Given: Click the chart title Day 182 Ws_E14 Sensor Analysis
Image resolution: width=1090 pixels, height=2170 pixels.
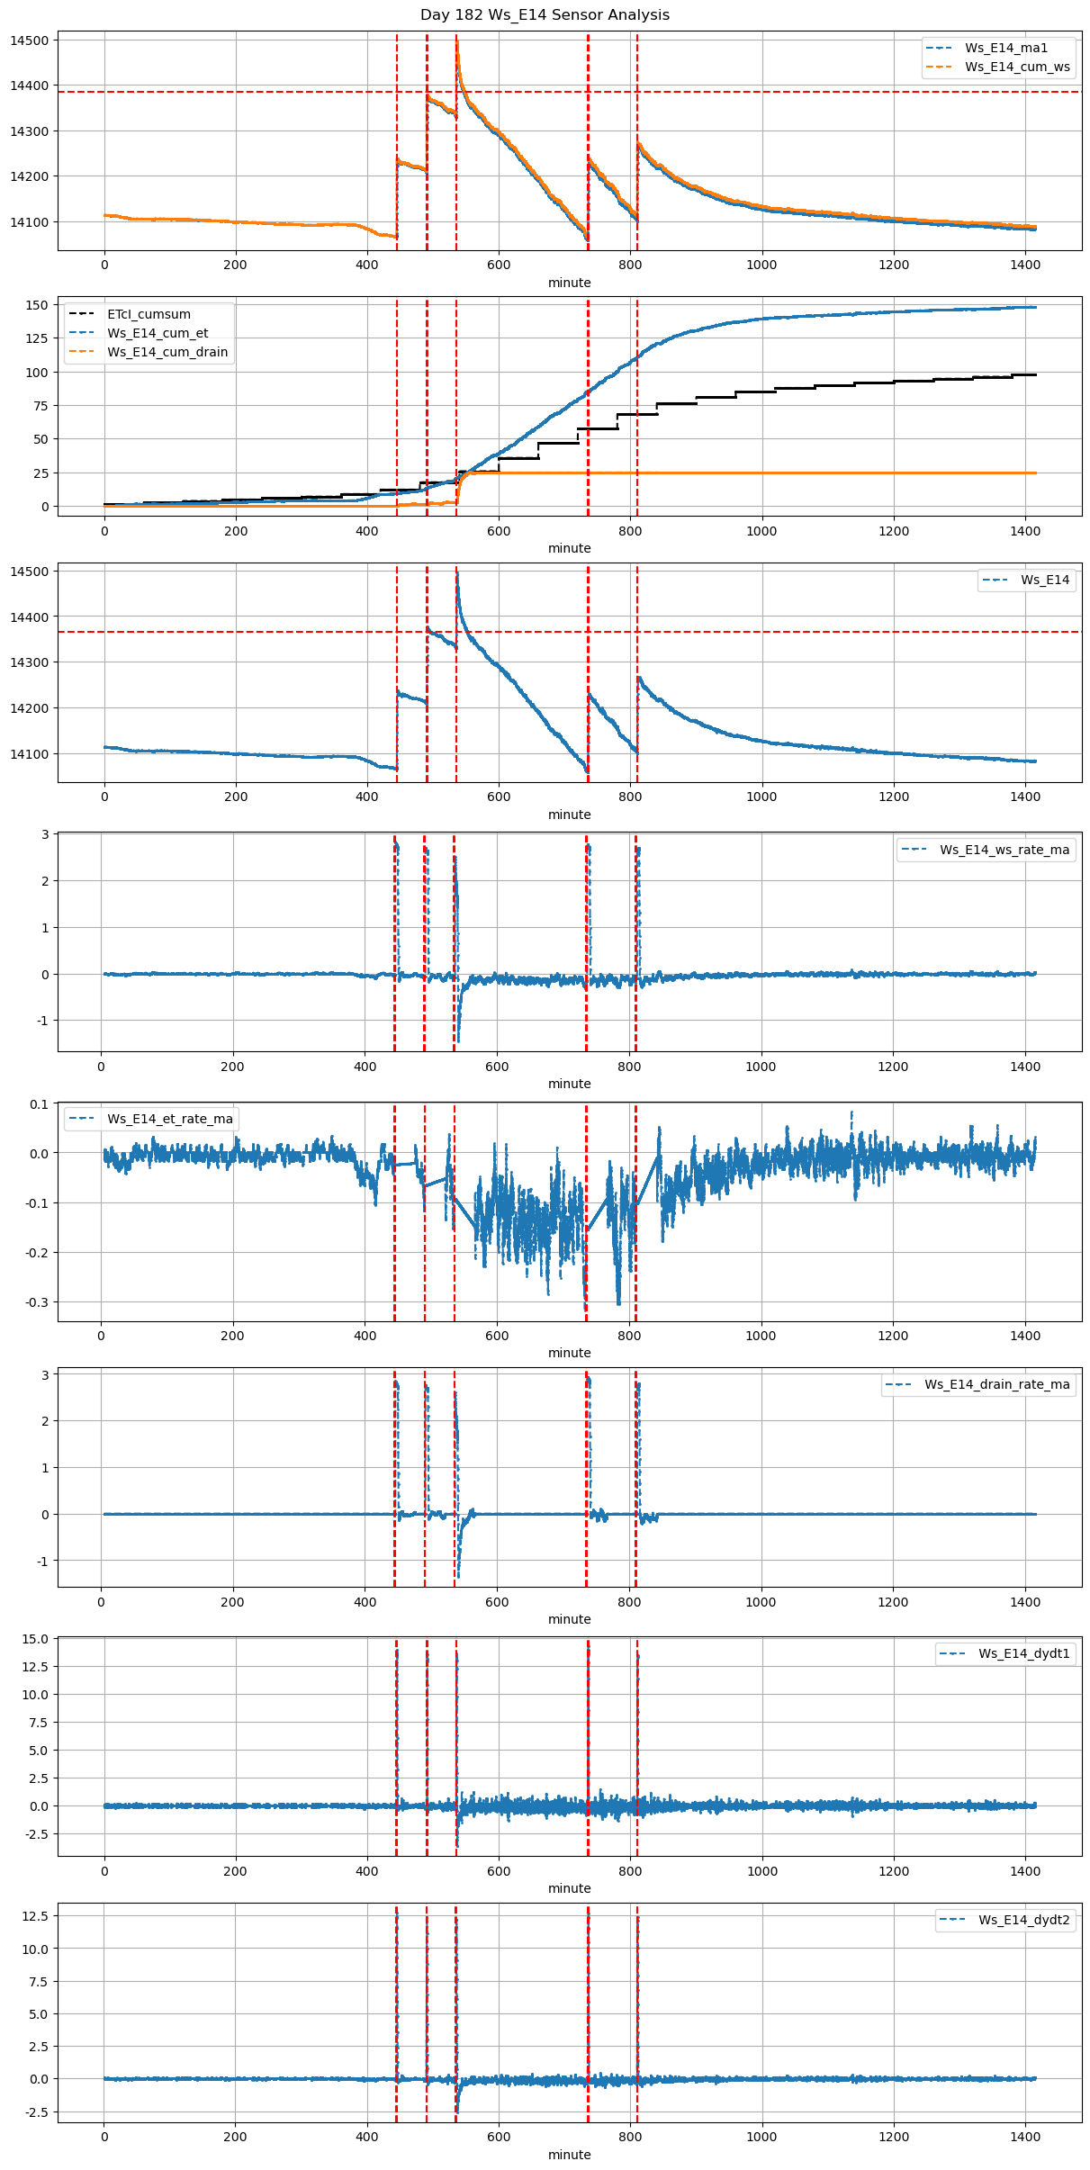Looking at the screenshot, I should pos(545,15).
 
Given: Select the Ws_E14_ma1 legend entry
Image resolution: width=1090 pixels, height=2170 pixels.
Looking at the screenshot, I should pos(1006,49).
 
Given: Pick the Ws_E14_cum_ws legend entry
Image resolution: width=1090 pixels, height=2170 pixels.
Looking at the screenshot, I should pos(1017,68).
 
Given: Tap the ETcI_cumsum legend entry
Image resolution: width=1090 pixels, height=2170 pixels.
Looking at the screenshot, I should pos(149,315).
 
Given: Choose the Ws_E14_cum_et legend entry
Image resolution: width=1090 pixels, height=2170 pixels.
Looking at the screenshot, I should pos(158,334).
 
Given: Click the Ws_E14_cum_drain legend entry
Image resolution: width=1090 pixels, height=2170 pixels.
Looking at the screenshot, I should pos(167,353).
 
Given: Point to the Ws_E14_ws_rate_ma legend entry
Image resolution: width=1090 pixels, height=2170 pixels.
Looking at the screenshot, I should pos(1004,851).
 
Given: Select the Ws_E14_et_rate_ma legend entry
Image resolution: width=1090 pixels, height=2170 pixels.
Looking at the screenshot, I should pos(169,1120).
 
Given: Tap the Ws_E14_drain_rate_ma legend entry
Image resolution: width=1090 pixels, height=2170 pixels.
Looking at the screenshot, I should pos(996,1385).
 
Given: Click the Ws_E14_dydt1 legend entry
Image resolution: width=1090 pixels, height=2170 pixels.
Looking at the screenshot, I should pos(1024,1654).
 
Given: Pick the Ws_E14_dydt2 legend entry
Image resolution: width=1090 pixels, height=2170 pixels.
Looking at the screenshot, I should pos(1024,1921).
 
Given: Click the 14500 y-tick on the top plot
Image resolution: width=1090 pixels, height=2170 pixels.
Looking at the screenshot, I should pos(30,41).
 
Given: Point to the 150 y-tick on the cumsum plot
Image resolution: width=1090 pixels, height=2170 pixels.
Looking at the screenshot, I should pos(37,305).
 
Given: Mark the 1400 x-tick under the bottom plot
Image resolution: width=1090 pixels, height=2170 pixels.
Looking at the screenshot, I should pos(1025,2137).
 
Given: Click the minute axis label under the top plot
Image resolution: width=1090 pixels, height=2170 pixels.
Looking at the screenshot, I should pos(570,284).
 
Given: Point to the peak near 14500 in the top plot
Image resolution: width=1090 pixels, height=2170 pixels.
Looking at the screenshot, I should pos(457,41).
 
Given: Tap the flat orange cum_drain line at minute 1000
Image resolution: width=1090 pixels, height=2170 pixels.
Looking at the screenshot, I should pos(761,473).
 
